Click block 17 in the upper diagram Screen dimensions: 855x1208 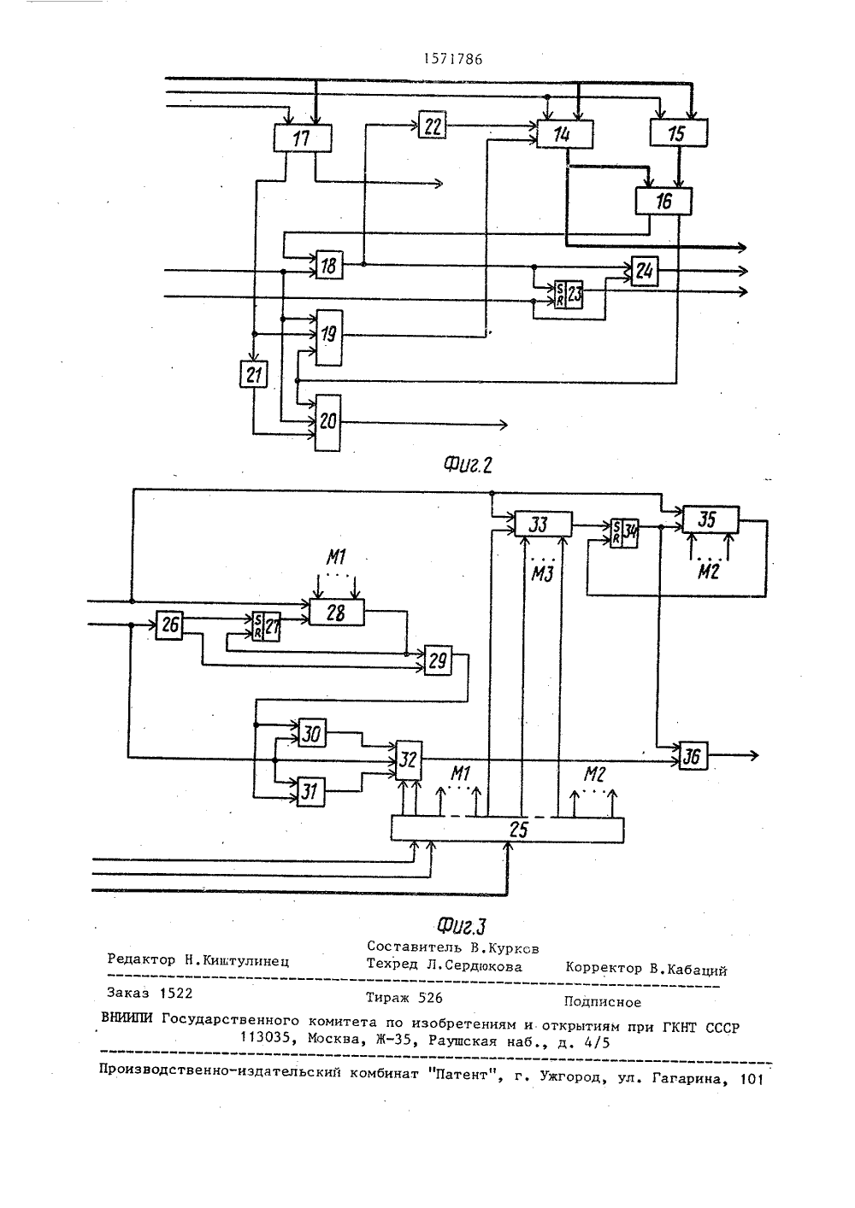click(303, 138)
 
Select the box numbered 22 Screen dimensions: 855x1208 click(433, 125)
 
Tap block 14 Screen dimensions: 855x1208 click(564, 134)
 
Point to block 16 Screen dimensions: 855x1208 click(664, 201)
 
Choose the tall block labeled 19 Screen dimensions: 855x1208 click(329, 337)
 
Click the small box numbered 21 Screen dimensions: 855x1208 click(254, 373)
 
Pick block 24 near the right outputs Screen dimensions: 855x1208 click(645, 271)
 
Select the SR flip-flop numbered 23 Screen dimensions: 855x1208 click(569, 295)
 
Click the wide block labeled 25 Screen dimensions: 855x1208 click(507, 830)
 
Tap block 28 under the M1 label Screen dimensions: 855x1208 click(337, 612)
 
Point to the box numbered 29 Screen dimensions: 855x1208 click(439, 660)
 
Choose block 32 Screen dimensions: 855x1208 click(409, 760)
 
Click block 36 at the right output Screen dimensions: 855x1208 click(693, 755)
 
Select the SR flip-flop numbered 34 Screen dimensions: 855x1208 click(624, 533)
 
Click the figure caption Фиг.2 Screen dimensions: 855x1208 click(468, 465)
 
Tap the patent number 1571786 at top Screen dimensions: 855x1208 click(453, 59)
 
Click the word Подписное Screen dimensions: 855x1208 click(603, 1002)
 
